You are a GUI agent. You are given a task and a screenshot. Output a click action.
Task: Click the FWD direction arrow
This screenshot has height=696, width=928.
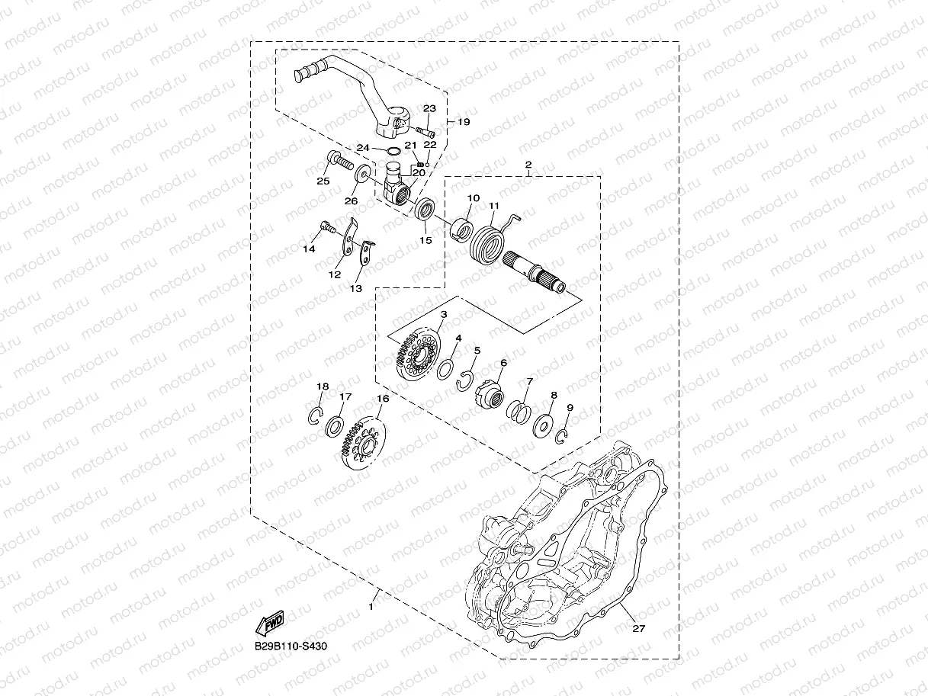pyautogui.click(x=271, y=624)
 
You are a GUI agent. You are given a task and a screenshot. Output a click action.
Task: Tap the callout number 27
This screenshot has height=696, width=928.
pyautogui.click(x=638, y=629)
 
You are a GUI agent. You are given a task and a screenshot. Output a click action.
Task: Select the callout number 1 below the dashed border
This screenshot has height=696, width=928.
pyautogui.click(x=371, y=607)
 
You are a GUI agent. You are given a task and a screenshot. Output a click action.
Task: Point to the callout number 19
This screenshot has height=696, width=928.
pyautogui.click(x=464, y=122)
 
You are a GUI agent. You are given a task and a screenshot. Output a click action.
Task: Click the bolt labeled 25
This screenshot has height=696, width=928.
pyautogui.click(x=339, y=161)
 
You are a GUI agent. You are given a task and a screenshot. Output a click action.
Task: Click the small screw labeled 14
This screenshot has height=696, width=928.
pyautogui.click(x=327, y=226)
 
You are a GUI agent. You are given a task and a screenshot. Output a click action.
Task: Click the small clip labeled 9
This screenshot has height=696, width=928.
pyautogui.click(x=562, y=435)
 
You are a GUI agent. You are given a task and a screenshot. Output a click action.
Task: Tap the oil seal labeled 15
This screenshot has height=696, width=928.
pyautogui.click(x=425, y=210)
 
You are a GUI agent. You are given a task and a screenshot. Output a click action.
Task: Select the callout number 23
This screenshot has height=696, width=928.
pyautogui.click(x=429, y=109)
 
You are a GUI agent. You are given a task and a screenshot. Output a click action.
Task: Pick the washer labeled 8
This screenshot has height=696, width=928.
pyautogui.click(x=544, y=423)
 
